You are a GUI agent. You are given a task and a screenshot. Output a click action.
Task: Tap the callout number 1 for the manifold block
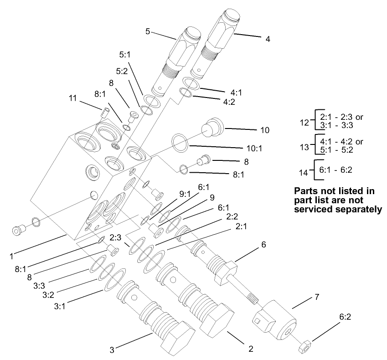11,256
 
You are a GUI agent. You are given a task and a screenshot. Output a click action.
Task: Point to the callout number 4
268,39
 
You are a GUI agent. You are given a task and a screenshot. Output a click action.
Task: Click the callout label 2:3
115,237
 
